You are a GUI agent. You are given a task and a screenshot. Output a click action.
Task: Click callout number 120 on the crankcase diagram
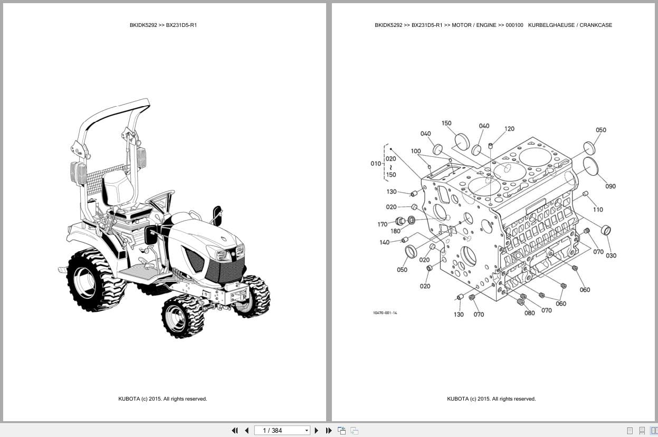(509, 129)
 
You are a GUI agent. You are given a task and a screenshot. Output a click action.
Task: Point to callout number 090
(610, 186)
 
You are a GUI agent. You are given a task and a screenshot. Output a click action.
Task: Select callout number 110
(598, 210)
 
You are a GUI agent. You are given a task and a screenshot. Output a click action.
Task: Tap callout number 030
(611, 256)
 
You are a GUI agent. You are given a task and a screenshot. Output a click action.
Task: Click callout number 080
(529, 313)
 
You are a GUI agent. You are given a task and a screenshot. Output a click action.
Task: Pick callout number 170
(383, 224)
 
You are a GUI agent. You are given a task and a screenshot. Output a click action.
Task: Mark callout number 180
(395, 231)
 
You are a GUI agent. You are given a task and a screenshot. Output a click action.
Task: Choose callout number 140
(384, 243)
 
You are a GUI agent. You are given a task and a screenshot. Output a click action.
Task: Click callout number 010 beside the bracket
(375, 164)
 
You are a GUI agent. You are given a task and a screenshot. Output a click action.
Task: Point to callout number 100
(416, 151)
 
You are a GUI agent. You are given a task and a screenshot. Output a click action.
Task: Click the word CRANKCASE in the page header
(596, 25)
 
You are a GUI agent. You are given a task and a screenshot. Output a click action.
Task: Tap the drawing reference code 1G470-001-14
(385, 313)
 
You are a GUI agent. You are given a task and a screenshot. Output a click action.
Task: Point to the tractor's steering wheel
(160, 198)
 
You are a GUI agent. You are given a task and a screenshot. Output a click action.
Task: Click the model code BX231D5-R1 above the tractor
(182, 25)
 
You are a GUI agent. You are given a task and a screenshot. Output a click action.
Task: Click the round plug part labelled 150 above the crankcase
(462, 141)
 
